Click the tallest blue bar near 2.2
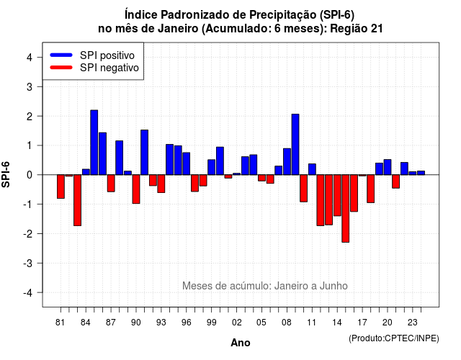(x=94, y=143)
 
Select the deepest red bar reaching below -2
(x=346, y=208)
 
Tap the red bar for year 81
(x=61, y=186)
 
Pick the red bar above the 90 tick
(x=136, y=189)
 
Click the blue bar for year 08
(x=287, y=161)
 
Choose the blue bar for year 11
(x=312, y=169)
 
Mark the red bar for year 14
(x=337, y=195)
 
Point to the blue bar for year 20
(x=388, y=167)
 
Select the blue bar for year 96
(x=187, y=163)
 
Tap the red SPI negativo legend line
(x=61, y=68)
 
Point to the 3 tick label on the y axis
(x=30, y=86)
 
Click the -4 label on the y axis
(x=28, y=293)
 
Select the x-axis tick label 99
(x=211, y=323)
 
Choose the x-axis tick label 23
(x=413, y=323)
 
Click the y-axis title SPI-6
(x=6, y=174)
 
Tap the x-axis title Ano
(x=241, y=343)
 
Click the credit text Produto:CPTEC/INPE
(x=394, y=338)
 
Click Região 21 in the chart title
(x=357, y=29)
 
